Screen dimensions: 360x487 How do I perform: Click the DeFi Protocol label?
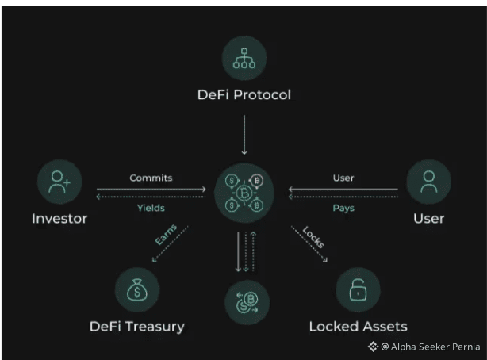[243, 95]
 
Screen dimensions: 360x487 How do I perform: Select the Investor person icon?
[59, 183]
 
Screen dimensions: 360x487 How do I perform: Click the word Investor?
[59, 218]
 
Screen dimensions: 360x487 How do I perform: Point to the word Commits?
[151, 178]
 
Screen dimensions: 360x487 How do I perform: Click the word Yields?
[151, 208]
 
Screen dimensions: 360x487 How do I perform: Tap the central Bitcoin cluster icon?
[243, 193]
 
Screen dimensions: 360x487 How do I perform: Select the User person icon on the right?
[428, 183]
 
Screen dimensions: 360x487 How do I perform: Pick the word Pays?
[343, 208]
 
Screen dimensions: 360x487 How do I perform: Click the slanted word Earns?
[165, 236]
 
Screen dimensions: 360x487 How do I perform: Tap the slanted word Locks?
[313, 236]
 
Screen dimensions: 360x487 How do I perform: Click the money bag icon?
[138, 290]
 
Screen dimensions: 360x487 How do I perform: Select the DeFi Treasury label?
[138, 326]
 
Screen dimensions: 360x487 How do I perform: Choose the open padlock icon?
[358, 290]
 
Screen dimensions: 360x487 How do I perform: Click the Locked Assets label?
[358, 326]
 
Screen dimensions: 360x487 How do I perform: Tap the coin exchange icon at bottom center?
[246, 301]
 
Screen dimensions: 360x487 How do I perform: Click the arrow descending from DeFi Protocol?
[243, 135]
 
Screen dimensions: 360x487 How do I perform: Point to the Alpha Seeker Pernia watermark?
[424, 347]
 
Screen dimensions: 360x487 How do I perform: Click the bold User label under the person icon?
[428, 218]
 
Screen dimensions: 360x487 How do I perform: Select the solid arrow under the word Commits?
[151, 190]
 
